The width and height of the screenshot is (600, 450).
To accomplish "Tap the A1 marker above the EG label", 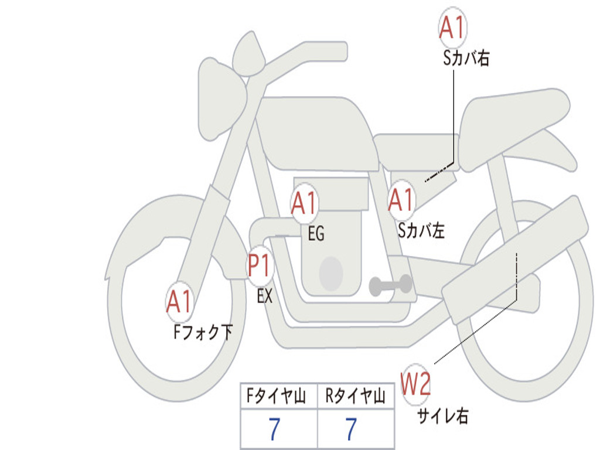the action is [x=304, y=203].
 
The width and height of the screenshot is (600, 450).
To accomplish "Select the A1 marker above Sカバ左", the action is [x=401, y=200].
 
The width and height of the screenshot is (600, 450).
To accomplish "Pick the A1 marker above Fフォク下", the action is [x=179, y=301].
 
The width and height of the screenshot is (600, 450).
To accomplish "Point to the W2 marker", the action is [x=415, y=384].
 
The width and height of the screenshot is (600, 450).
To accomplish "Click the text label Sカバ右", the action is [x=466, y=59].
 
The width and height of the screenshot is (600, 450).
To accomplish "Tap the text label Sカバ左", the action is [x=421, y=230].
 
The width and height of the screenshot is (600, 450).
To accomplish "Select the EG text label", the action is [x=316, y=233].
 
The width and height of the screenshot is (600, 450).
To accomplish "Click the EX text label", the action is [x=265, y=296].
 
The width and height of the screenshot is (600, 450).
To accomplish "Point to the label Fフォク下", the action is [x=203, y=332].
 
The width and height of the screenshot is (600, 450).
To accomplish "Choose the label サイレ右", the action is [x=443, y=415].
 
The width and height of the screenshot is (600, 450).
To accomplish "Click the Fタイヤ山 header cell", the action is [x=279, y=396].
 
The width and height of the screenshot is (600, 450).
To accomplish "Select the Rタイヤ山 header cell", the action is [x=356, y=396].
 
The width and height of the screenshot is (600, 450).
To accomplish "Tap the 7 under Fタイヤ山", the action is [x=275, y=429].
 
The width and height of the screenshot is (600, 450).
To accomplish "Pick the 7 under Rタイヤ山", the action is [x=352, y=429].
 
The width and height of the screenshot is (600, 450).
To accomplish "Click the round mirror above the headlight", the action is [x=248, y=53].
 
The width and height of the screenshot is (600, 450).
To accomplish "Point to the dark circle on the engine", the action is [x=331, y=274].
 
